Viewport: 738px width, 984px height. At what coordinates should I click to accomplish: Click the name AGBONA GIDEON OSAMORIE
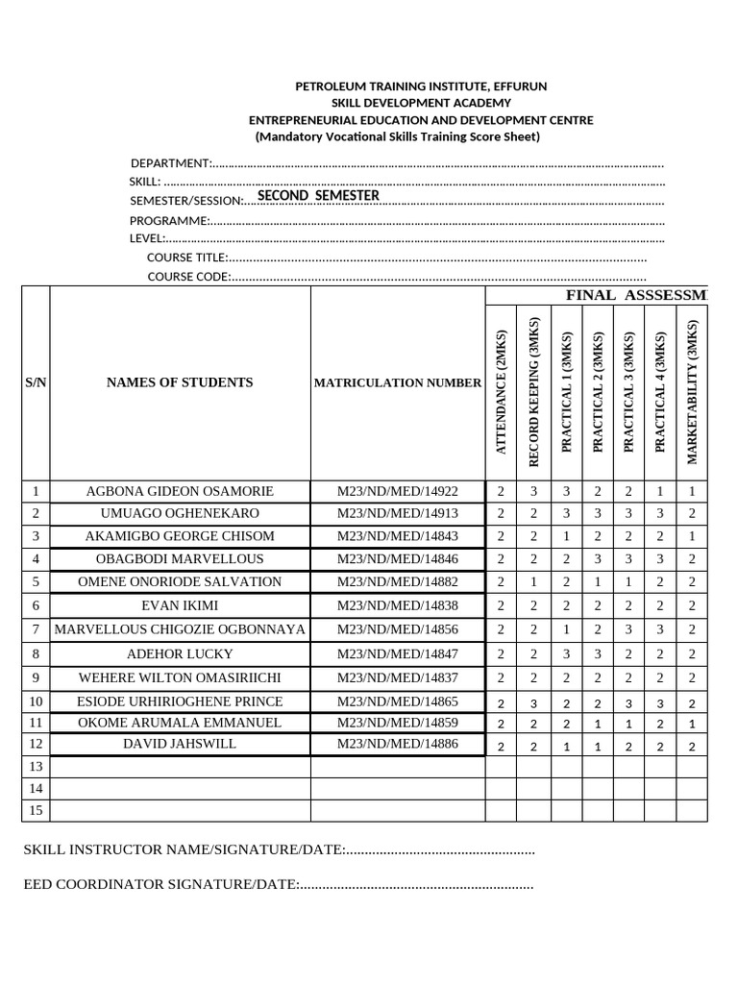coord(180,490)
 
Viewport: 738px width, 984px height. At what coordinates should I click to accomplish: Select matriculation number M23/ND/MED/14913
coord(397,513)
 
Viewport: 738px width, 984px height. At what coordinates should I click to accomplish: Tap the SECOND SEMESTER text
coord(318,195)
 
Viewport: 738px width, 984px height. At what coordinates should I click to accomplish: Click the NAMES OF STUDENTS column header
coord(180,382)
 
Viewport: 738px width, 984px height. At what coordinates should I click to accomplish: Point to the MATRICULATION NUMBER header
coord(397,382)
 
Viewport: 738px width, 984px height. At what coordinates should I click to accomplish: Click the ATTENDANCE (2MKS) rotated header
coord(501,392)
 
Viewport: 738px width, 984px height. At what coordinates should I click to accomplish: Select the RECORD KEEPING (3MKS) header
coord(533,392)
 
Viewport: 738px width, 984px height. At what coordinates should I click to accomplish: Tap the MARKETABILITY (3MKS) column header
coord(692,392)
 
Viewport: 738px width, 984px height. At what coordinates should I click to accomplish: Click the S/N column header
coord(36,382)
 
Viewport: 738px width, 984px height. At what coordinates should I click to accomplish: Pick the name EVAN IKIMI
coord(180,605)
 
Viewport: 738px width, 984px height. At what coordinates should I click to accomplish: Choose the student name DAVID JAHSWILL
coord(180,744)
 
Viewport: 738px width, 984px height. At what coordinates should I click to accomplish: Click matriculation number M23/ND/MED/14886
coord(397,744)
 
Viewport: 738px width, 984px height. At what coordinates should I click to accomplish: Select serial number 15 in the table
coord(36,810)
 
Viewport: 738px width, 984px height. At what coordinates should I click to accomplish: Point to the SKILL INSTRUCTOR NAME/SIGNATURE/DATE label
coord(184,849)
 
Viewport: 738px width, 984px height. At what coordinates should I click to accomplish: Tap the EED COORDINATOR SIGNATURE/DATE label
coord(161,884)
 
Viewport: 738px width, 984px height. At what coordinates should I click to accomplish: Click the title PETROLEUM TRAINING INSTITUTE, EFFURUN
coord(421,86)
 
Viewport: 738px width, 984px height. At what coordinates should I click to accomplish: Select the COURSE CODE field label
coord(188,277)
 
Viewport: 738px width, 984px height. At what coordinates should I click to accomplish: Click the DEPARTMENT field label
coord(170,162)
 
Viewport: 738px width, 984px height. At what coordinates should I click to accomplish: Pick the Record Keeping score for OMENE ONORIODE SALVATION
coord(533,582)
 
